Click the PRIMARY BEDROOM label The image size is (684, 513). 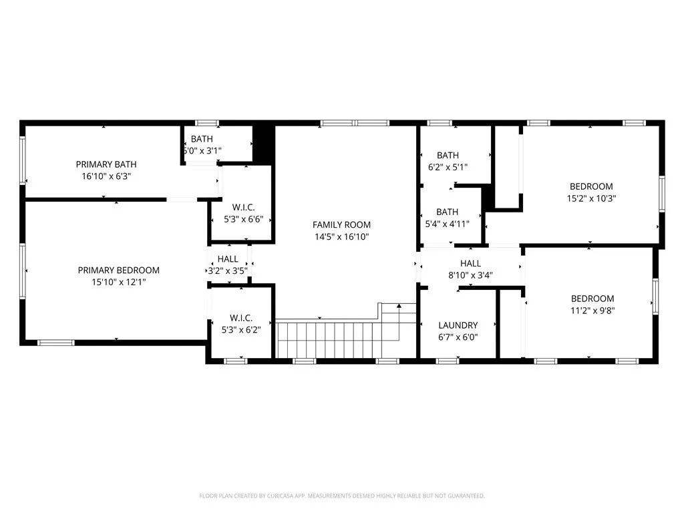tap(118, 271)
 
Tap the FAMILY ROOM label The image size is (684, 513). tap(341, 225)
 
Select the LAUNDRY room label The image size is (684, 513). tap(458, 326)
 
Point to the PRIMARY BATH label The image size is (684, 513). tap(106, 164)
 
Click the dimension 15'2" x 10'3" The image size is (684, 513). tap(590, 198)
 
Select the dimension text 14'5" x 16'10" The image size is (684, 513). tap(341, 237)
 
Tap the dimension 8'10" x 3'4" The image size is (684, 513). tap(470, 276)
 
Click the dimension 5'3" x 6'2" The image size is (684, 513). tap(242, 329)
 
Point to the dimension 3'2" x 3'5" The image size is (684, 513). tap(227, 271)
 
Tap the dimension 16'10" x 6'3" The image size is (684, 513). tap(106, 176)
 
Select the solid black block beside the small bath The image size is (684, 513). tap(264, 143)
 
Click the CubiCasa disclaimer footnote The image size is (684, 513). tap(341, 496)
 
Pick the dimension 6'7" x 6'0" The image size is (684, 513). tap(458, 338)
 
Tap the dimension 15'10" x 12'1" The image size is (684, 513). tap(118, 283)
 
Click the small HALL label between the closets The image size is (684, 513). tap(227, 259)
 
